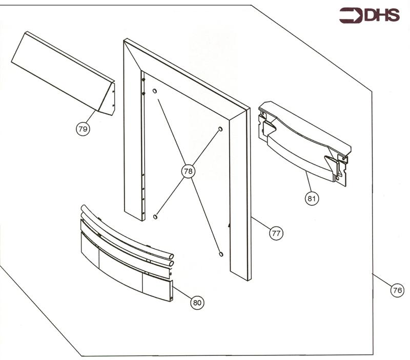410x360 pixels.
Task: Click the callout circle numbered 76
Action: [396, 290]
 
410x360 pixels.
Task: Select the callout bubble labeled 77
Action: [276, 233]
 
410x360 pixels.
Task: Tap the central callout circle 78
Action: [188, 171]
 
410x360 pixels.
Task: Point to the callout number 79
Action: [82, 129]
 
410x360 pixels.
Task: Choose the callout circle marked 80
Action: [197, 303]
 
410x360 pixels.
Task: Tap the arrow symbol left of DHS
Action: [351, 16]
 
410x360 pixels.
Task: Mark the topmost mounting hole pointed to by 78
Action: [154, 91]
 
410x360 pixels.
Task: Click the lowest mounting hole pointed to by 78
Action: [221, 253]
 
